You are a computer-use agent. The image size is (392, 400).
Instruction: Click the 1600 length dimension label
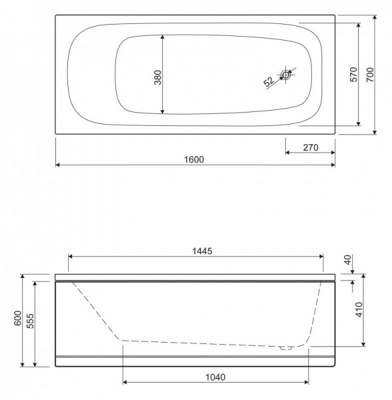pos(194,160)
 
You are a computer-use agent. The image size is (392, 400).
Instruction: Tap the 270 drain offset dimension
pos(311,147)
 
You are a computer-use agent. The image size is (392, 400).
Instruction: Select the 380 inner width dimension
pos(158,77)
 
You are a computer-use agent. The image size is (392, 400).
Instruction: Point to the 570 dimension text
pos(354,75)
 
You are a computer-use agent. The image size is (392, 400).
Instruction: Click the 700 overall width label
pos(370,75)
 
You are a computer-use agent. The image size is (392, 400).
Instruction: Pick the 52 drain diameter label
pos(269,81)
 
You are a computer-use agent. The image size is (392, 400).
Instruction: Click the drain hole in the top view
pos(286,75)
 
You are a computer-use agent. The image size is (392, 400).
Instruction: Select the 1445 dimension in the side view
pos(202,251)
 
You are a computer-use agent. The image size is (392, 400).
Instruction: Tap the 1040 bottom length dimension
pos(215,377)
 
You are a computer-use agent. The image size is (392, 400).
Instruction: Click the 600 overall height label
pos(17,318)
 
